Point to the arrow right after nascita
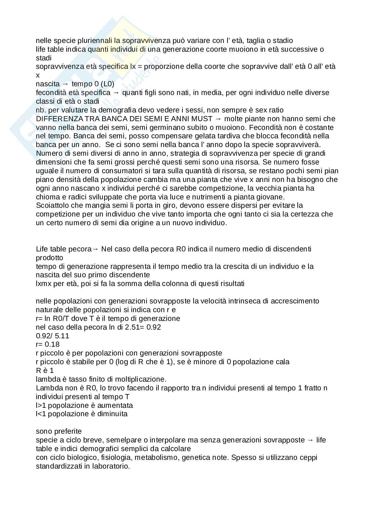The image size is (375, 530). [x=65, y=84]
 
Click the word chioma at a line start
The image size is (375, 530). [x=46, y=197]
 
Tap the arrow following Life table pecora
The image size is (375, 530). [x=95, y=249]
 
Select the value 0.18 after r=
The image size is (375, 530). [x=52, y=344]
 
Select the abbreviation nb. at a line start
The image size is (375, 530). [x=41, y=110]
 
